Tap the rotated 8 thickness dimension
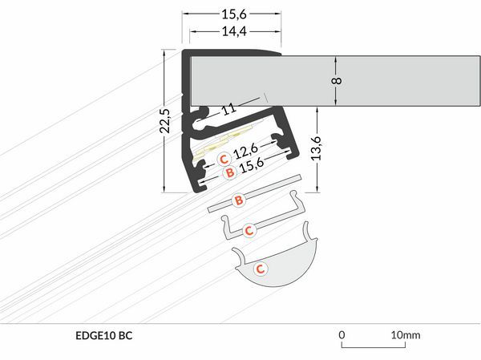point(338,80)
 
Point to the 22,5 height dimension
point(164,121)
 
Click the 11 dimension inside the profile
point(230,107)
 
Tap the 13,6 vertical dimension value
point(316,148)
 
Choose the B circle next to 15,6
point(228,172)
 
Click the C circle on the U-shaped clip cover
point(249,231)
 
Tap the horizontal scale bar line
point(374,347)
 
